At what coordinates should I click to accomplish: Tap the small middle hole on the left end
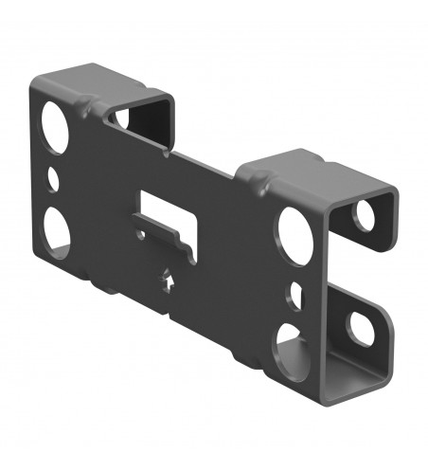click(53, 177)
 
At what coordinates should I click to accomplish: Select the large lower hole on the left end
click(54, 230)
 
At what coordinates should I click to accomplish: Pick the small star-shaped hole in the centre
click(169, 281)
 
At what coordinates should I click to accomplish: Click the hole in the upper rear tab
click(365, 215)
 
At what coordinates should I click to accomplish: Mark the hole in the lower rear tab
click(361, 326)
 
